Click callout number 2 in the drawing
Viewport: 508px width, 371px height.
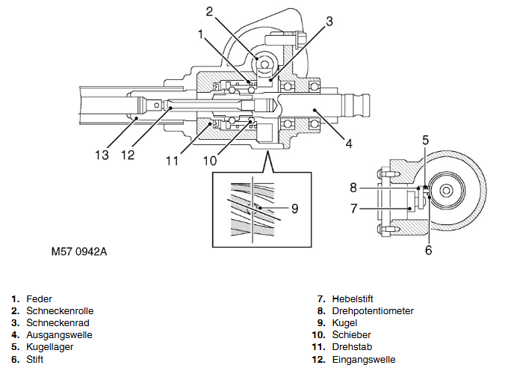point(210,10)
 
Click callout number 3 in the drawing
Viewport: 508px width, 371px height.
point(329,21)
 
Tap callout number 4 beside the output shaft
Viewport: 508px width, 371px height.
point(347,142)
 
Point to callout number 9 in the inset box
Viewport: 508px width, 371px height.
point(295,209)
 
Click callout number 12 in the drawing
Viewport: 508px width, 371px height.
point(128,155)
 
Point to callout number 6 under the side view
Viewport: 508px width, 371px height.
point(428,250)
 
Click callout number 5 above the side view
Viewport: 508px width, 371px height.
point(425,139)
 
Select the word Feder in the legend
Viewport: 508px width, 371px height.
point(40,299)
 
